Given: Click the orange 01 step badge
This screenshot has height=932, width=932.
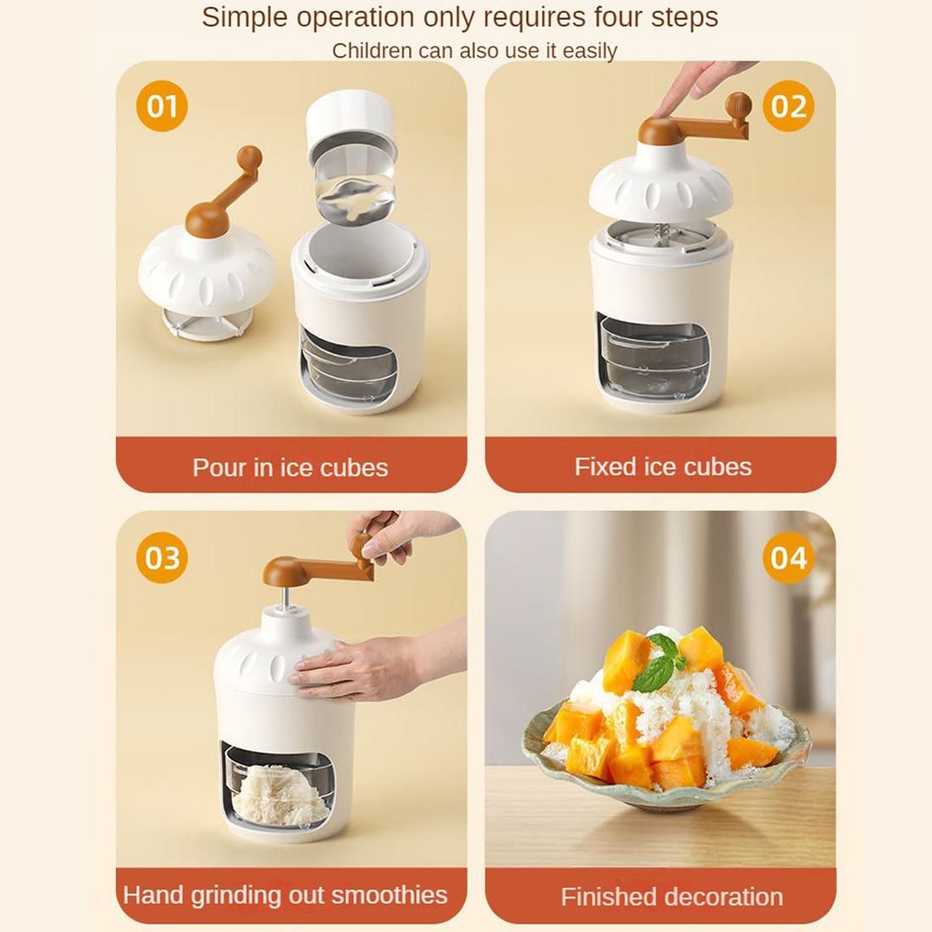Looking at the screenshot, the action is point(162,106).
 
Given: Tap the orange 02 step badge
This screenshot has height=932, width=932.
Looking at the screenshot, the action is point(788,106).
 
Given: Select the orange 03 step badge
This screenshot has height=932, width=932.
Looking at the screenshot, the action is point(162,558).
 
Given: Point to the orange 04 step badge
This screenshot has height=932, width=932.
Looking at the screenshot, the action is point(788,558).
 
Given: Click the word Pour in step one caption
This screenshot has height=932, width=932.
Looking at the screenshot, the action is point(219,468).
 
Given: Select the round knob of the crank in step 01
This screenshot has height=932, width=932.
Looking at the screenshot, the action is point(249,158).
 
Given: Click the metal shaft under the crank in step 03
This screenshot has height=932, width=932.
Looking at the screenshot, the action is point(284,596).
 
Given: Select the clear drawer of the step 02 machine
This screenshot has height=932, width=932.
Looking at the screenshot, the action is point(652,356).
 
